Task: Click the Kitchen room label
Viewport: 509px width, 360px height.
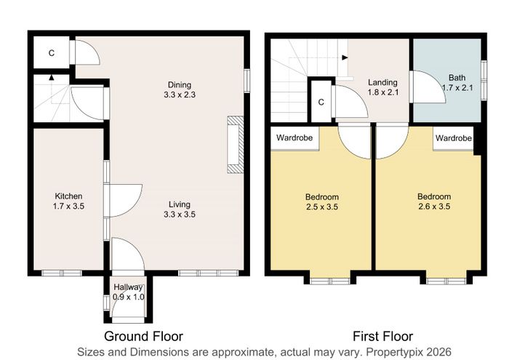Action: click(x=68, y=196)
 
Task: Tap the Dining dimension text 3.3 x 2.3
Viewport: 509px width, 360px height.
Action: click(x=180, y=95)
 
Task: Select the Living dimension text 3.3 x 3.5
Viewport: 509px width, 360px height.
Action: click(x=180, y=215)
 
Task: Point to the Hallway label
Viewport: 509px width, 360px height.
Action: click(x=128, y=287)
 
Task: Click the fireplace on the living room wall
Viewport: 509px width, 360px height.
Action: click(x=236, y=145)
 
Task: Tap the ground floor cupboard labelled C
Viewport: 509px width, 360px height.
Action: click(x=52, y=52)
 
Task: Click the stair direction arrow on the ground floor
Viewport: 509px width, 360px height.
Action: click(x=52, y=78)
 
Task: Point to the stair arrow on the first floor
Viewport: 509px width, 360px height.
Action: click(x=345, y=57)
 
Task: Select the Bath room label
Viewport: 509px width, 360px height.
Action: click(x=457, y=78)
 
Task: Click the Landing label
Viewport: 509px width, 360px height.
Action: click(x=382, y=82)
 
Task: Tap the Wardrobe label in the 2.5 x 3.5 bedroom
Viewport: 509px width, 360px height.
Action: click(x=294, y=137)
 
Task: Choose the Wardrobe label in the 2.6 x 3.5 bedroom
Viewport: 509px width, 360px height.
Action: click(x=454, y=138)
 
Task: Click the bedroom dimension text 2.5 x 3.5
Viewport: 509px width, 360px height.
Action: click(x=322, y=207)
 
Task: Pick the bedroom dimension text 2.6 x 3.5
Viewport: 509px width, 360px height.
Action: click(x=434, y=207)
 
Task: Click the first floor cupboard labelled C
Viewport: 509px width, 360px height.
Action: click(x=321, y=103)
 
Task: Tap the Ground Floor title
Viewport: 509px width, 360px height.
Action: click(x=143, y=336)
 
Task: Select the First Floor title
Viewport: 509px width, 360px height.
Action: click(x=382, y=336)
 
